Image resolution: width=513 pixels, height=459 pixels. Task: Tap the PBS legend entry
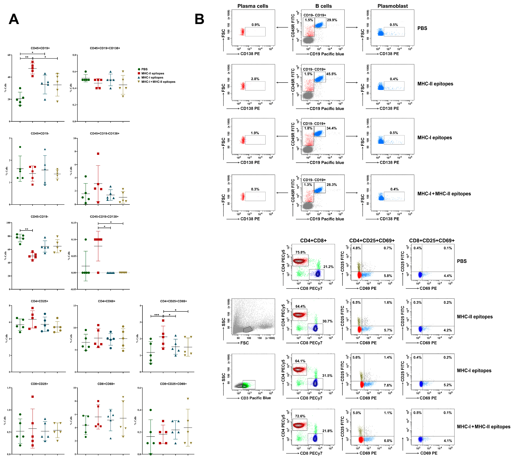point(144,69)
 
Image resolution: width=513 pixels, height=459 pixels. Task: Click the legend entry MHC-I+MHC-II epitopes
point(158,82)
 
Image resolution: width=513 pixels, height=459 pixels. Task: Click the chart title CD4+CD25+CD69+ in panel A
point(174,301)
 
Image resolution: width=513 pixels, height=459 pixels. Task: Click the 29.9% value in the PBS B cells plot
point(332,20)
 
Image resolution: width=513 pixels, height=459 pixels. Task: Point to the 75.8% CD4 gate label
point(300,252)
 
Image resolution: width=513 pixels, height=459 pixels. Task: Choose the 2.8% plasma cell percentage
point(255,79)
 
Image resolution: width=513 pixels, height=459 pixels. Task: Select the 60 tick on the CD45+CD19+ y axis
point(9,55)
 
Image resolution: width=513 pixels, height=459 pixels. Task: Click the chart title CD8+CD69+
point(106,384)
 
